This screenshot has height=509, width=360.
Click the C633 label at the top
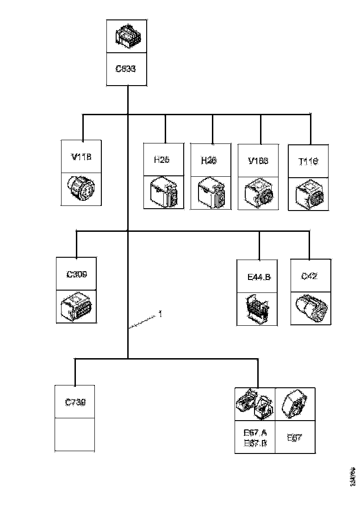(125, 69)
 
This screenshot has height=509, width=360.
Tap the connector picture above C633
(126, 36)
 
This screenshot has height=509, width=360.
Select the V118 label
(81, 156)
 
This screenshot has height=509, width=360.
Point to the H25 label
(161, 160)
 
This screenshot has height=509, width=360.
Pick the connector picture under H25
(164, 192)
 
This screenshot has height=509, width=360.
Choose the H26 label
(209, 160)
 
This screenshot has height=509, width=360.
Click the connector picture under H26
(211, 192)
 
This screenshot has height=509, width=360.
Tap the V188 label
(258, 161)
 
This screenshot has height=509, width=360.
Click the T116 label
(309, 162)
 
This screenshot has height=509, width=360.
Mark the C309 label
(76, 274)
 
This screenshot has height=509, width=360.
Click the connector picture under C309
(76, 306)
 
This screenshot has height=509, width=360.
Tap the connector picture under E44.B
(256, 309)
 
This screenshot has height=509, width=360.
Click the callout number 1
(160, 314)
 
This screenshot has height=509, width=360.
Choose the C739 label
(75, 402)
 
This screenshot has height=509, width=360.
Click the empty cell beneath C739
(75, 434)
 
